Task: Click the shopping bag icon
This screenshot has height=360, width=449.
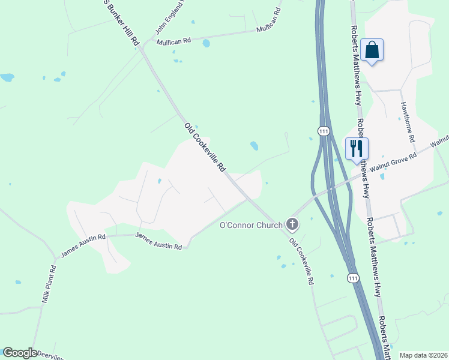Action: (372, 50)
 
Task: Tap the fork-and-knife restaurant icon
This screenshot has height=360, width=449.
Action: (357, 148)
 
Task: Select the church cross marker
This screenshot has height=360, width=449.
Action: (292, 225)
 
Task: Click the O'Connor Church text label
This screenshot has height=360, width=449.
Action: (251, 225)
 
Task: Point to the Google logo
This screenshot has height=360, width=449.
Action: (20, 353)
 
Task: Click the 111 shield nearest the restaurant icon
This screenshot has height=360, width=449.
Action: (324, 131)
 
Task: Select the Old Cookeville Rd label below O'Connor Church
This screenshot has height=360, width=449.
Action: (301, 260)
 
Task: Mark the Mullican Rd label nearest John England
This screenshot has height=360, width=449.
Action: (173, 41)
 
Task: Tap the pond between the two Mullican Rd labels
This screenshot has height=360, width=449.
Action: (206, 43)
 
